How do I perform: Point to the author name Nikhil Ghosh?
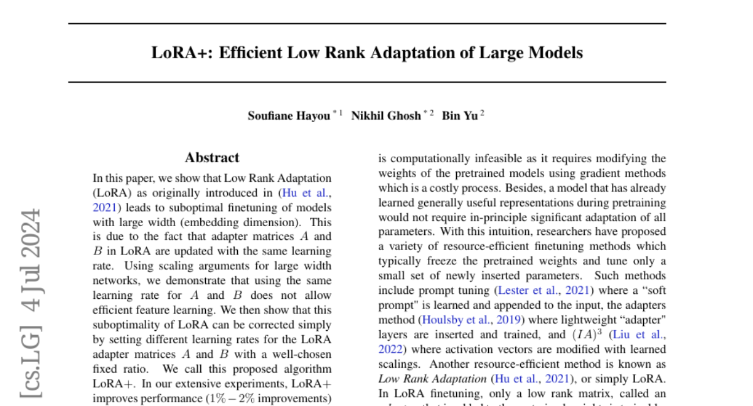[386, 116]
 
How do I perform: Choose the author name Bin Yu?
[460, 116]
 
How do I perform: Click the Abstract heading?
[212, 158]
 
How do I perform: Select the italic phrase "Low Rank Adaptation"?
[432, 378]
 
